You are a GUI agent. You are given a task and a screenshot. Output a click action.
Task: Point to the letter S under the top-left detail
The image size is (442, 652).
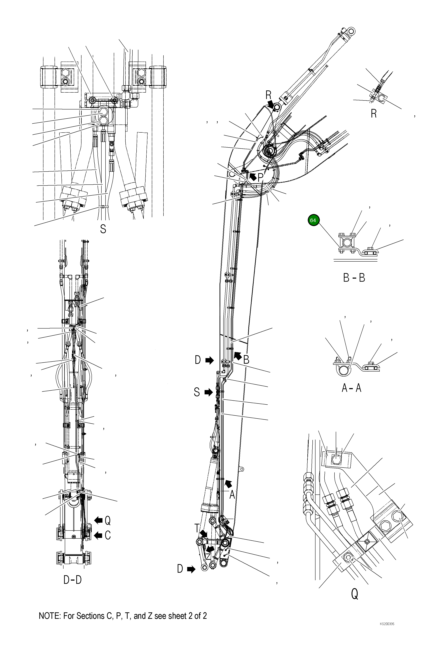[x=103, y=229]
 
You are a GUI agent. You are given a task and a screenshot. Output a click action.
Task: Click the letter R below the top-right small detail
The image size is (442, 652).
[x=373, y=114]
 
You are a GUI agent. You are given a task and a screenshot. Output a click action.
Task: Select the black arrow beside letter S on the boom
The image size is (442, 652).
[x=209, y=392]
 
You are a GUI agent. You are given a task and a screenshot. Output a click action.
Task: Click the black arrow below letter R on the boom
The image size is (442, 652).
[x=271, y=104]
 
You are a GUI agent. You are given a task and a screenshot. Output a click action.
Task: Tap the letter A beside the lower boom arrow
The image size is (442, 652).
[x=232, y=495]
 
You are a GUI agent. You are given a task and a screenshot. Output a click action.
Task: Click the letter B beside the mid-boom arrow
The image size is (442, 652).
[x=246, y=360]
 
